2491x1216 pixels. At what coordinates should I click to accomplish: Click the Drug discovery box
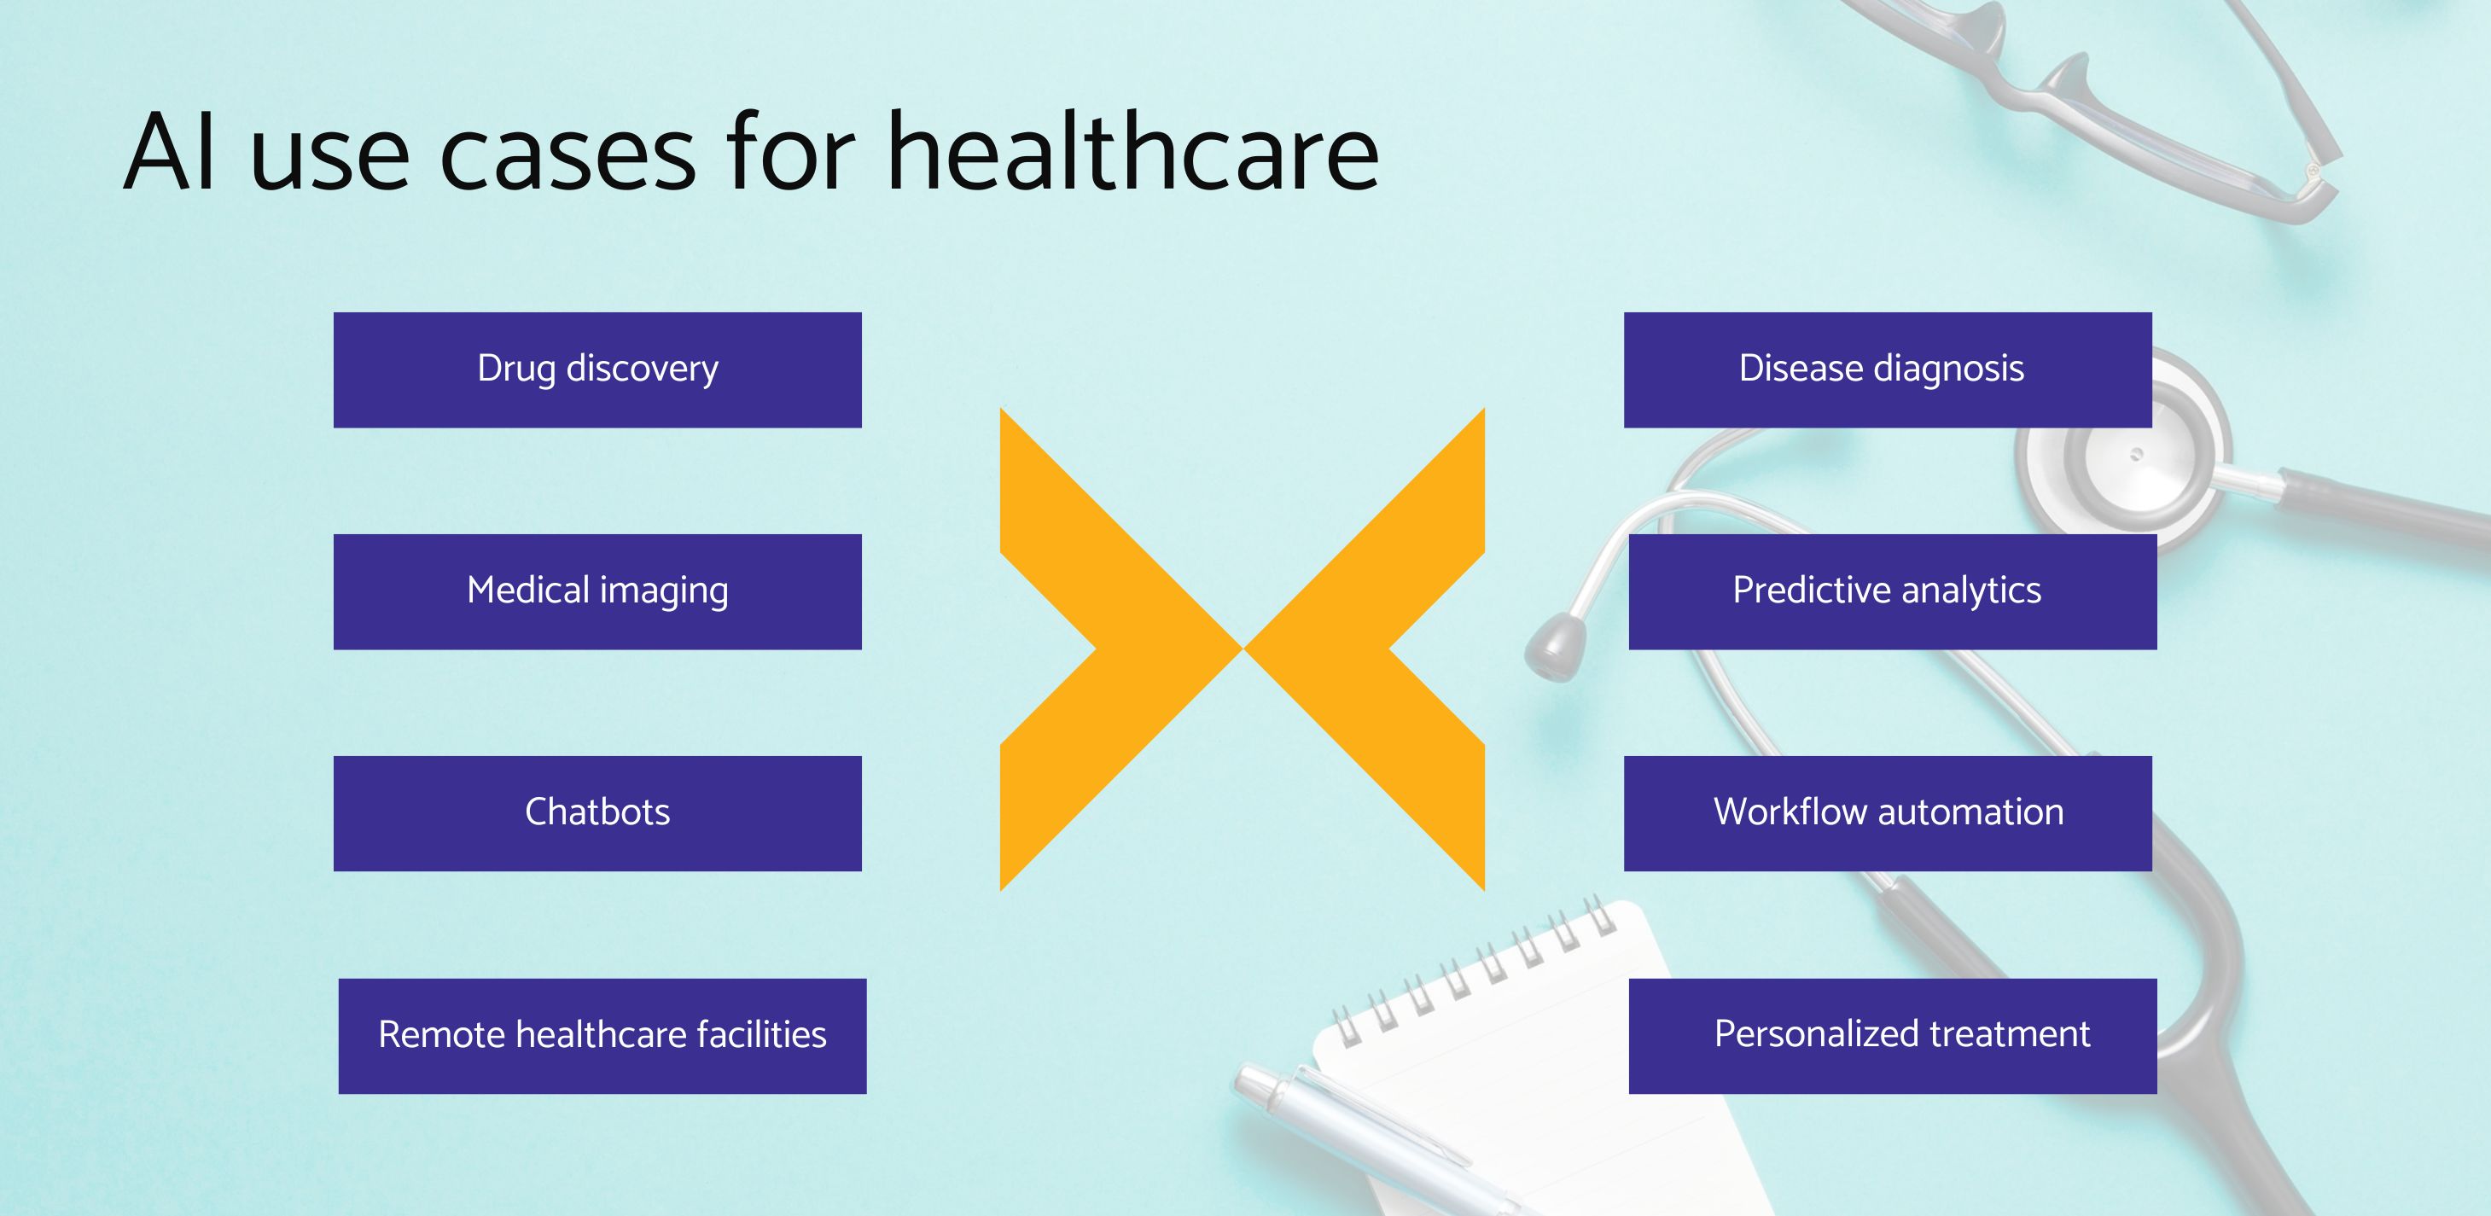(x=597, y=369)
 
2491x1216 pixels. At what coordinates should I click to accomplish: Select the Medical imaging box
(x=597, y=591)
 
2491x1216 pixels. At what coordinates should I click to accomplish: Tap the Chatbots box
(x=597, y=813)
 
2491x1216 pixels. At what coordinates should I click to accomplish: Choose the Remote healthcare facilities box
(x=602, y=1035)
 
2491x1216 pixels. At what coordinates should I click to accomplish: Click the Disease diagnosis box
(x=1887, y=369)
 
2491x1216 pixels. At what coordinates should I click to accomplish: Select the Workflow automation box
(x=1887, y=813)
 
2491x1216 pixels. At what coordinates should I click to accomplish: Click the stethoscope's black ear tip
(x=1555, y=646)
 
